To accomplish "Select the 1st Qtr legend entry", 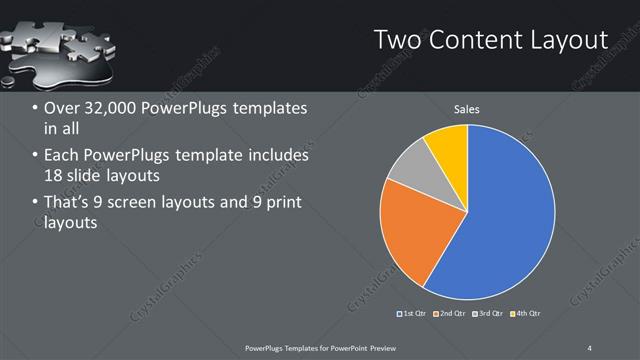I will pyautogui.click(x=414, y=314).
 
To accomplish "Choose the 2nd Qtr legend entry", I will pyautogui.click(x=451, y=314).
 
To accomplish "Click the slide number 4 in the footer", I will pyautogui.click(x=591, y=347).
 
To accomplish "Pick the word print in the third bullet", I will pyautogui.click(x=281, y=204).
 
